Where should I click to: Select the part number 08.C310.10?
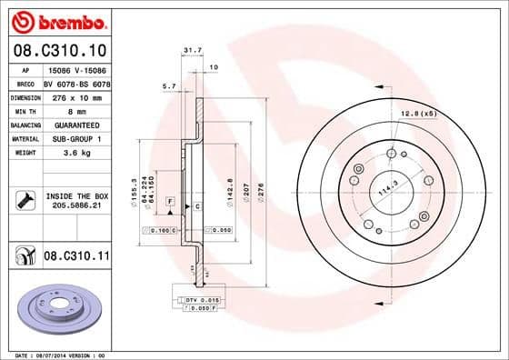pos(58,48)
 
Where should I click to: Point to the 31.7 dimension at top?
pos(191,51)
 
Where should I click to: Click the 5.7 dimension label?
pos(168,85)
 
